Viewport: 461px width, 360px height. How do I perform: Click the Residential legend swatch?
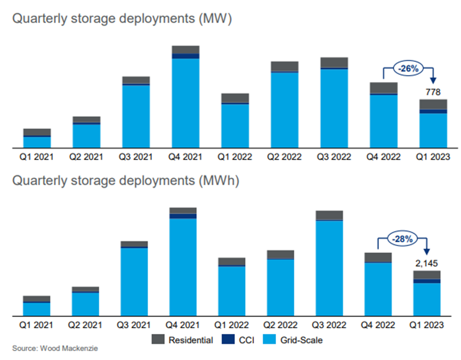158,339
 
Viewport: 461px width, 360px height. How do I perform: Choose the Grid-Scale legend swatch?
272,339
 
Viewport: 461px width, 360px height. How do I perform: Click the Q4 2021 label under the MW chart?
185,157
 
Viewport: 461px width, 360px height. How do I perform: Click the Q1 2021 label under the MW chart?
37,157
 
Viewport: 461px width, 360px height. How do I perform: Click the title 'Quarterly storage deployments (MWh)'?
126,181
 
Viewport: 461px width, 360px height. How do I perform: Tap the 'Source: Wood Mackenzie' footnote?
55,349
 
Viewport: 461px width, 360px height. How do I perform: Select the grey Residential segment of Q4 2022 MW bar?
384,88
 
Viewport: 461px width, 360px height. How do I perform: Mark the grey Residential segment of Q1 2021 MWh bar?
37,299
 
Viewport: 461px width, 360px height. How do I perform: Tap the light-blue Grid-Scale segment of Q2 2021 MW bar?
87,136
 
